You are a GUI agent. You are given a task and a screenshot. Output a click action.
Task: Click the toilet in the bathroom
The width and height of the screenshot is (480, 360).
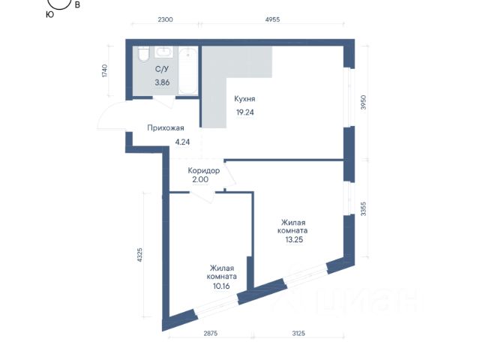[x=143, y=55]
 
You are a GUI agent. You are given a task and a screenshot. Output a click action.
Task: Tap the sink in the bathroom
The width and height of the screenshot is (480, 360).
[x=163, y=52]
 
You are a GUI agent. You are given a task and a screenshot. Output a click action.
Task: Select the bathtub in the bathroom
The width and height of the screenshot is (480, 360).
[x=187, y=70]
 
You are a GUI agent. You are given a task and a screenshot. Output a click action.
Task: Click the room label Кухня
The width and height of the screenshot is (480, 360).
[x=244, y=99]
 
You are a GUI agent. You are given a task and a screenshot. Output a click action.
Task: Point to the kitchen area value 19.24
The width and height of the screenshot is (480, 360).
[x=245, y=112]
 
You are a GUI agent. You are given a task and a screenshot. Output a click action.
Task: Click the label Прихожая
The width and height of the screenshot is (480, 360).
[x=166, y=128]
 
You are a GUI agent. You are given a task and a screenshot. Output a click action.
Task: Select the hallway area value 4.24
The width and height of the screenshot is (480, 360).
[x=182, y=142]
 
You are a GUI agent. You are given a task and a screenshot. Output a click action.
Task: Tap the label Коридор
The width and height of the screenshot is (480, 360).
[x=203, y=170]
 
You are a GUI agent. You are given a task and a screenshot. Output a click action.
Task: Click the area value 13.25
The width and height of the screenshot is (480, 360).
[x=294, y=240]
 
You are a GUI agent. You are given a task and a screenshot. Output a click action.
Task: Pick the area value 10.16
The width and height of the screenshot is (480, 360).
[x=221, y=286]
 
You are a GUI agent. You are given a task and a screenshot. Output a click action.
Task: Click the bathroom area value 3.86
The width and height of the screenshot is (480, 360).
[x=162, y=82]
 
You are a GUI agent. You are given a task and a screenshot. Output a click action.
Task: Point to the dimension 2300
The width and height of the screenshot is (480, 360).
[x=165, y=19]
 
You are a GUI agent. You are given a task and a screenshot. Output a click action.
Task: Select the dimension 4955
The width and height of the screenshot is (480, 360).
[x=272, y=19]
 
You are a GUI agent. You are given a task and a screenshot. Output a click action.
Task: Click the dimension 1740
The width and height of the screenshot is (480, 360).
[x=105, y=70]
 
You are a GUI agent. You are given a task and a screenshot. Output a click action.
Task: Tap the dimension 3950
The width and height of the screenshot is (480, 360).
[x=363, y=103]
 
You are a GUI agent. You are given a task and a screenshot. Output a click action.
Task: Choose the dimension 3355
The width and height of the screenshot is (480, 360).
[x=363, y=209]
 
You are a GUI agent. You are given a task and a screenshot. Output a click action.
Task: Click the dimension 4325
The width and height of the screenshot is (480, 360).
[x=139, y=255]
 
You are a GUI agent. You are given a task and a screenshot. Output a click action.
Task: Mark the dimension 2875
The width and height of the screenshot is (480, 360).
[x=211, y=333]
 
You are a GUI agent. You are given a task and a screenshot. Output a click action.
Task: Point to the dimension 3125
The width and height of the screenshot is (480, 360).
[x=298, y=333]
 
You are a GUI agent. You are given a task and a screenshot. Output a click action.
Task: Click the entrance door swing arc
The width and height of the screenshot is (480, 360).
[x=105, y=111]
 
